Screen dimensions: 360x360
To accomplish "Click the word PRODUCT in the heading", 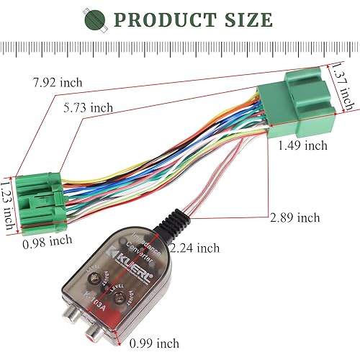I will [x=171, y=19].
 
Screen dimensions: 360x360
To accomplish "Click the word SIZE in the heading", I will [x=246, y=19].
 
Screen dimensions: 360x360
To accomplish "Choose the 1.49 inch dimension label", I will [x=302, y=145].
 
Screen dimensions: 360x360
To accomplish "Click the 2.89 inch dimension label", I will [x=294, y=216].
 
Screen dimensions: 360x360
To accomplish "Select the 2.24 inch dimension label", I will [x=194, y=248].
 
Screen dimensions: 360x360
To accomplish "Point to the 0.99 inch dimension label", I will [x=154, y=343].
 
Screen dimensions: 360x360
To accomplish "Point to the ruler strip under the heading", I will [x=180, y=48].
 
